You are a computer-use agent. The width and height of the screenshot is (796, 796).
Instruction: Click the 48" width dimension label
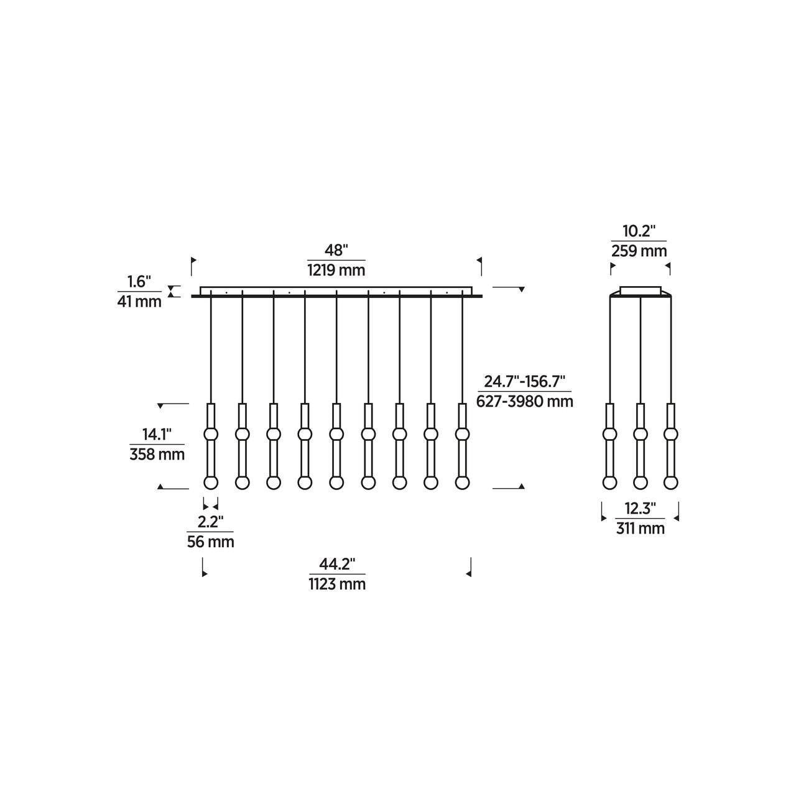pyautogui.click(x=336, y=250)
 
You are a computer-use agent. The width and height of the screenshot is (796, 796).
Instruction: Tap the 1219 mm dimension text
pyautogui.click(x=336, y=270)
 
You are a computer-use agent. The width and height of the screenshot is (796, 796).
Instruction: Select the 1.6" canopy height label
pyautogui.click(x=139, y=282)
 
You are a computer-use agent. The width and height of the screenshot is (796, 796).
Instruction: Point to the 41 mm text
pyautogui.click(x=139, y=302)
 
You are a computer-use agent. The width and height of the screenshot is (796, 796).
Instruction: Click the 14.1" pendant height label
pyautogui.click(x=157, y=434)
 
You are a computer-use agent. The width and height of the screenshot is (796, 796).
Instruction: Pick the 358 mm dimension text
pyautogui.click(x=157, y=455)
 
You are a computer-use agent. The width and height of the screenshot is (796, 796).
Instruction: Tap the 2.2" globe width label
pyautogui.click(x=210, y=522)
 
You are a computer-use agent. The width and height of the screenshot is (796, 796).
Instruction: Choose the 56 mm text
pyautogui.click(x=210, y=542)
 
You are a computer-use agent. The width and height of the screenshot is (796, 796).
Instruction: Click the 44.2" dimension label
pyautogui.click(x=337, y=564)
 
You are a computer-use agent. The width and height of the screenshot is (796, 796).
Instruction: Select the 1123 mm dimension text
pyautogui.click(x=337, y=584)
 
